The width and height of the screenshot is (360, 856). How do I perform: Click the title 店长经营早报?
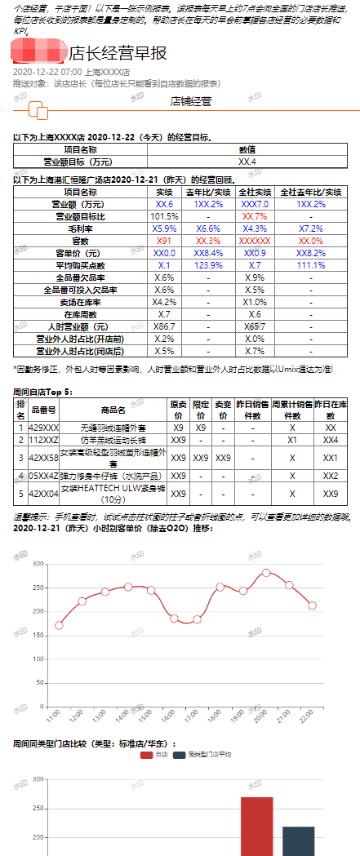click(x=118, y=53)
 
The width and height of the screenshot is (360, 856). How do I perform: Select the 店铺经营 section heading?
click(x=190, y=102)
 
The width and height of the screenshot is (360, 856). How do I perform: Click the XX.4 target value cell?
click(x=247, y=162)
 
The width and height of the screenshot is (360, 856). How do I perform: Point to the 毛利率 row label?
click(x=80, y=229)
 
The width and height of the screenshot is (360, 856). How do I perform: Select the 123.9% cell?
click(x=209, y=266)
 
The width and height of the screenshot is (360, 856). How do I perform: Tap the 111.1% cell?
click(x=310, y=266)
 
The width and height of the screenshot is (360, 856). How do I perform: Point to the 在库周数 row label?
click(x=80, y=314)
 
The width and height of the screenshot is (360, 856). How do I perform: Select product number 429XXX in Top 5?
click(x=43, y=427)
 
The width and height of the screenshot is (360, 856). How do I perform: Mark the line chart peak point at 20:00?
click(x=266, y=573)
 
